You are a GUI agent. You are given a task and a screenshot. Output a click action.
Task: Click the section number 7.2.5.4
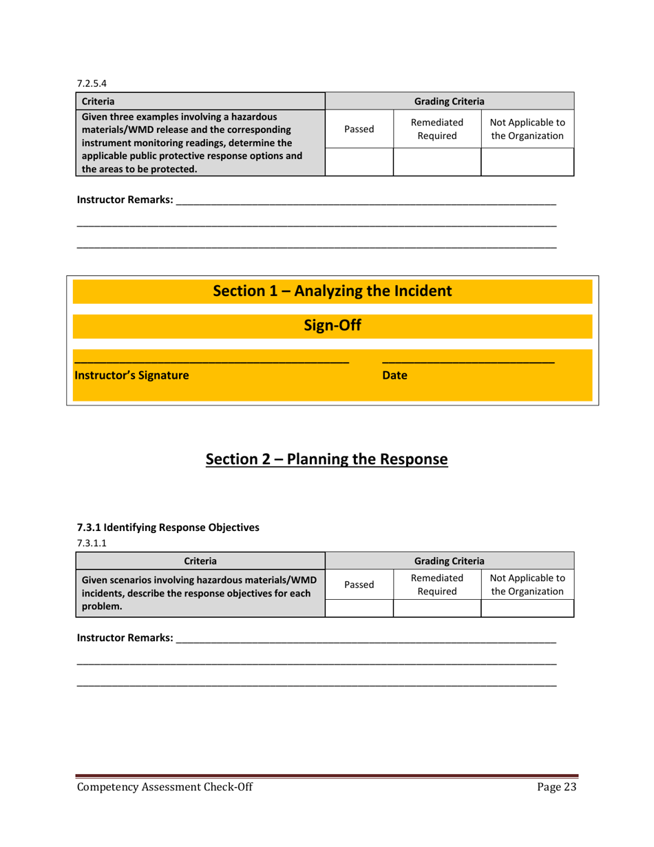pyautogui.click(x=89, y=84)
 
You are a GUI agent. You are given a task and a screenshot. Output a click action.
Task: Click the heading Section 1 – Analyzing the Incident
pyautogui.click(x=333, y=291)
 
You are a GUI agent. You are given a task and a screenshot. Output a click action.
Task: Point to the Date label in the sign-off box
pyautogui.click(x=394, y=376)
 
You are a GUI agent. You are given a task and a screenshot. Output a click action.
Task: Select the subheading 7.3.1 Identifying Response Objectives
pyautogui.click(x=168, y=528)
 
